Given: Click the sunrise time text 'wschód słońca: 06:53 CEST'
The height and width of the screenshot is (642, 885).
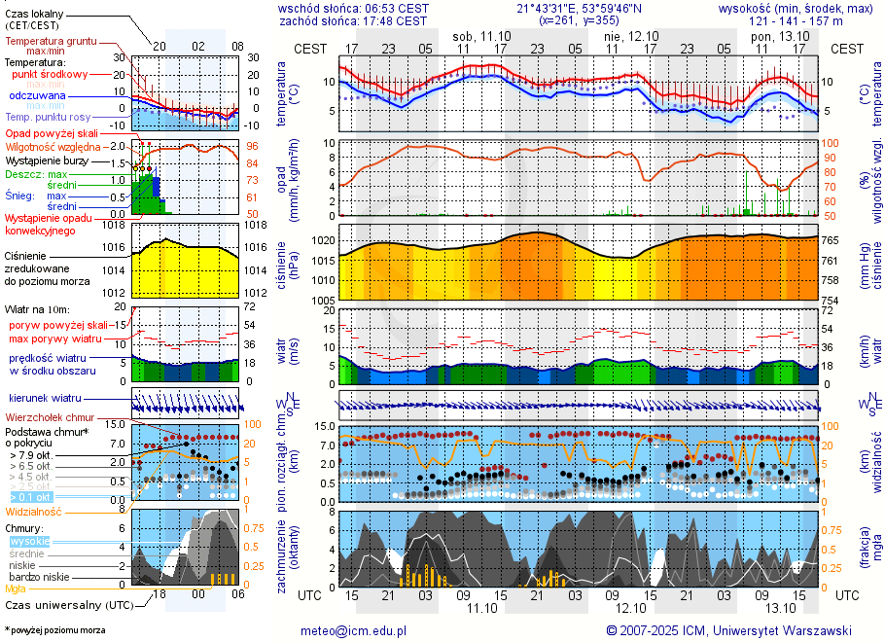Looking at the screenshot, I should (353, 8).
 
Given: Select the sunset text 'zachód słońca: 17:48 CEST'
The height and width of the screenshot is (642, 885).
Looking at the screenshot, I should (353, 19).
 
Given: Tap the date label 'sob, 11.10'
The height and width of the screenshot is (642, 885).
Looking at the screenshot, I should (481, 35).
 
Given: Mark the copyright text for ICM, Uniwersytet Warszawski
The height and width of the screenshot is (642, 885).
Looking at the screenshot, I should (728, 630).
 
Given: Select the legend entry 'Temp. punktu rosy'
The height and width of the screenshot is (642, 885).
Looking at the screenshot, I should (49, 116).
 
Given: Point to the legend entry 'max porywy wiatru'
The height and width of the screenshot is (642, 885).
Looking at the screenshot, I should (55, 339).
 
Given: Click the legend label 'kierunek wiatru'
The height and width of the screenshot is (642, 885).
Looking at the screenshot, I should (46, 399).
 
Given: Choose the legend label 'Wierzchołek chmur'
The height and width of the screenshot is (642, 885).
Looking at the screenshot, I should (50, 416).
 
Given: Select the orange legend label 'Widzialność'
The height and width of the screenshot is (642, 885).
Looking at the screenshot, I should (34, 511).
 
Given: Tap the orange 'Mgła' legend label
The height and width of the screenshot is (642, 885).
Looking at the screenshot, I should (16, 588).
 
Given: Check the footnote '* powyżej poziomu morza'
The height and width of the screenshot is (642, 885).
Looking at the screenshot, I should (54, 630).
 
